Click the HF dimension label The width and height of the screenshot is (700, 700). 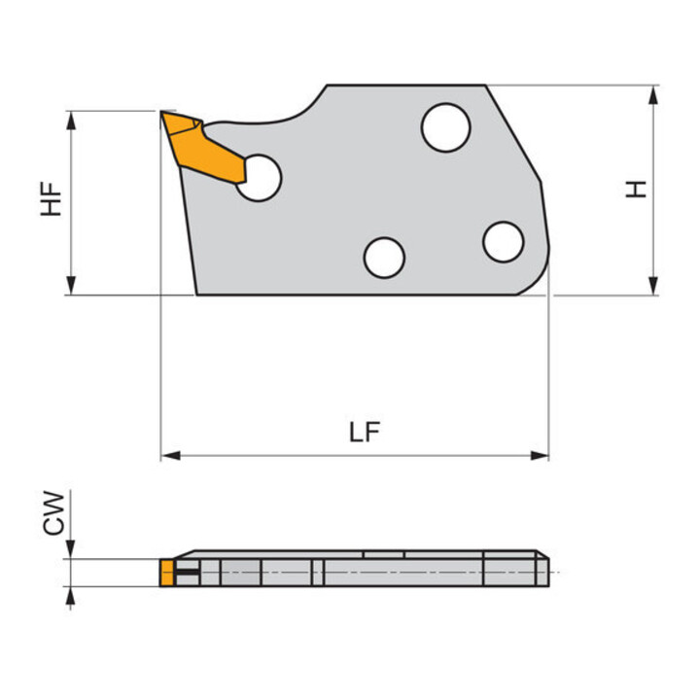[x=52, y=198]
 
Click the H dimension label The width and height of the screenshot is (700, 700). [x=636, y=189]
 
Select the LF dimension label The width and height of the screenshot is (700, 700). [x=365, y=432]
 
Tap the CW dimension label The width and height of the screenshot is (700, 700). [x=53, y=513]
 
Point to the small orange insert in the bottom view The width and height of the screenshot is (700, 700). [x=166, y=573]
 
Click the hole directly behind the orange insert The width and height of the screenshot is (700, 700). [x=260, y=178]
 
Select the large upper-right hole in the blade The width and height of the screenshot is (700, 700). [x=445, y=127]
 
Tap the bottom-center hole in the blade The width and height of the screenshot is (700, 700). [x=384, y=258]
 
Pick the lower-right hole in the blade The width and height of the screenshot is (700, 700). [x=504, y=241]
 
